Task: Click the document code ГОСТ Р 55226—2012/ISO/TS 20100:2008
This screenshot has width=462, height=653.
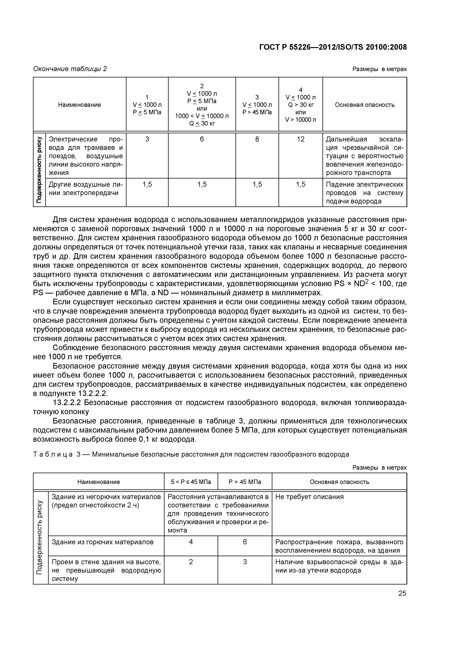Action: pos(333,47)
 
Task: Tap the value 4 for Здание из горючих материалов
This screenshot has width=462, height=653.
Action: pos(191,542)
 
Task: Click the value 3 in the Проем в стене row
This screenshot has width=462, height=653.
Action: pos(245,562)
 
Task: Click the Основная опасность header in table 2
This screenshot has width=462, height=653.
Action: pos(365,105)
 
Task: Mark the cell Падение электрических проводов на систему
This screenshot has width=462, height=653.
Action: pos(365,193)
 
